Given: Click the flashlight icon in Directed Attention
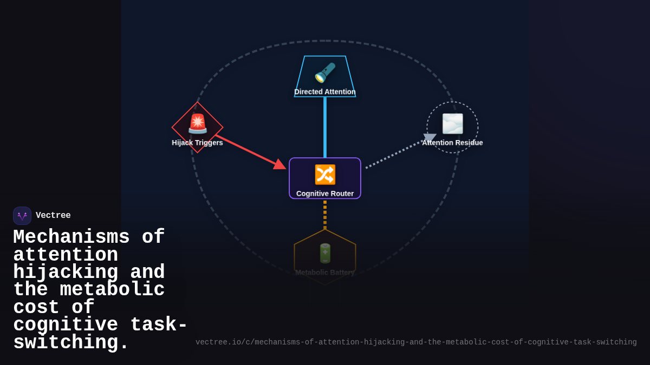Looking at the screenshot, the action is [x=326, y=72].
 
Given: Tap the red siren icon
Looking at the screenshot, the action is [x=198, y=124].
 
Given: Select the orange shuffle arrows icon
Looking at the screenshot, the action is [x=325, y=175].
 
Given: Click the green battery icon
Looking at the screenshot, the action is [x=325, y=254].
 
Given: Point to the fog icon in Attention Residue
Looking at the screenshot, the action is [x=452, y=124].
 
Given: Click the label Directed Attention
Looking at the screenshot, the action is [x=325, y=92].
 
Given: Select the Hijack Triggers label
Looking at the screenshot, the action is [x=197, y=143].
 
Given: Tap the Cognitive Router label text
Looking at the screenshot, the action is [x=325, y=194].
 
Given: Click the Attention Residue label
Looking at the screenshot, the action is [x=452, y=143].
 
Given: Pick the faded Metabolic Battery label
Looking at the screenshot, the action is [x=325, y=273].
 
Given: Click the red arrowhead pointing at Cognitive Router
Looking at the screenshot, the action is [x=279, y=164].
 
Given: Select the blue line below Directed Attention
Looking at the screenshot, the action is [x=325, y=127].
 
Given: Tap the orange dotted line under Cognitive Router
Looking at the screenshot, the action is [x=325, y=215].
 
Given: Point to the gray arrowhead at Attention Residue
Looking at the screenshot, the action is [x=430, y=138].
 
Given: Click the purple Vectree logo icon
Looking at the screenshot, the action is [x=22, y=216].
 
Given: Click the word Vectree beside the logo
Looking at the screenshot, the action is [x=53, y=215].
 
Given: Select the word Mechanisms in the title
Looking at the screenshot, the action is [x=71, y=237].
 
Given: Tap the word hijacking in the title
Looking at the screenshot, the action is [x=66, y=271].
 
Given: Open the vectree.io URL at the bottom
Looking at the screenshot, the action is [x=416, y=342].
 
